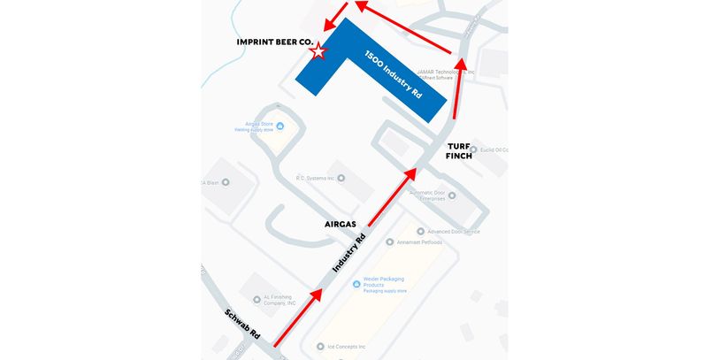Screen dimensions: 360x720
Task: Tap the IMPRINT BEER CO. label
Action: click(273, 42)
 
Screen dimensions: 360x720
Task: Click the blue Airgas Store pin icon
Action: click(280, 126)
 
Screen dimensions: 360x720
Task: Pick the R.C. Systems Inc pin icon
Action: click(341, 178)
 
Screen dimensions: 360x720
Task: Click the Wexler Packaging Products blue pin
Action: click(356, 284)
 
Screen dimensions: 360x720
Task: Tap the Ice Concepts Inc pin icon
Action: click(320, 347)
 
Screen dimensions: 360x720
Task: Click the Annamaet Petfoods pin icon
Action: click(390, 241)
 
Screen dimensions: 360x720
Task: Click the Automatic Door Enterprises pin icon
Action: click(451, 195)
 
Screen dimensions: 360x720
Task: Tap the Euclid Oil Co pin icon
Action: click(474, 149)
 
